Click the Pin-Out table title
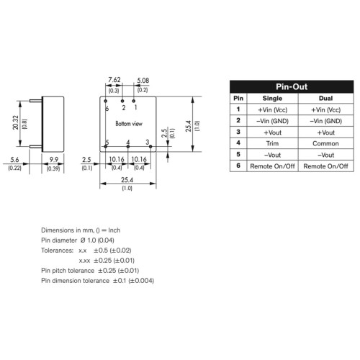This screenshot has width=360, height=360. pos(292,86)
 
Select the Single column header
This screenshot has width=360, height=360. pos(272,99)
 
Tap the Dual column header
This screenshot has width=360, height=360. pos(325,99)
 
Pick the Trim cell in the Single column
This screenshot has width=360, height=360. pos(272,143)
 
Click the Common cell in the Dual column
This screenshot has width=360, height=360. pos(325,143)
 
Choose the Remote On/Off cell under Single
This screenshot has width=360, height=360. pos(272,166)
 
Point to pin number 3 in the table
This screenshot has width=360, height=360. pos(238,132)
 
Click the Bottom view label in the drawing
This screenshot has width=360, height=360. pos(129,124)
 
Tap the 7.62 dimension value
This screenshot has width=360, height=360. pos(114,80)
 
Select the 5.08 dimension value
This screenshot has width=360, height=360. pos(143,81)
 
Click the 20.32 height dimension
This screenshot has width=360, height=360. pos(16,122)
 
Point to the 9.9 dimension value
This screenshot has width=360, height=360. pos(54,160)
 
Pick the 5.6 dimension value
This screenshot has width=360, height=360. pos(14,160)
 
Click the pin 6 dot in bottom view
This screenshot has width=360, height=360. pos(105,101)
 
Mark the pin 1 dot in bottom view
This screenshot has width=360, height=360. pos(134,101)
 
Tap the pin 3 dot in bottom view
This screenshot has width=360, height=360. pos(150,146)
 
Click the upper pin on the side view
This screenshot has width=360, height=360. pos(36,101)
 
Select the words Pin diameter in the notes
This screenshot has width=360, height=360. pos(59,240)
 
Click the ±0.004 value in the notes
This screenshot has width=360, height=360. pos(141,281)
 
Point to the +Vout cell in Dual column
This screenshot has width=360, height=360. pos(325,132)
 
